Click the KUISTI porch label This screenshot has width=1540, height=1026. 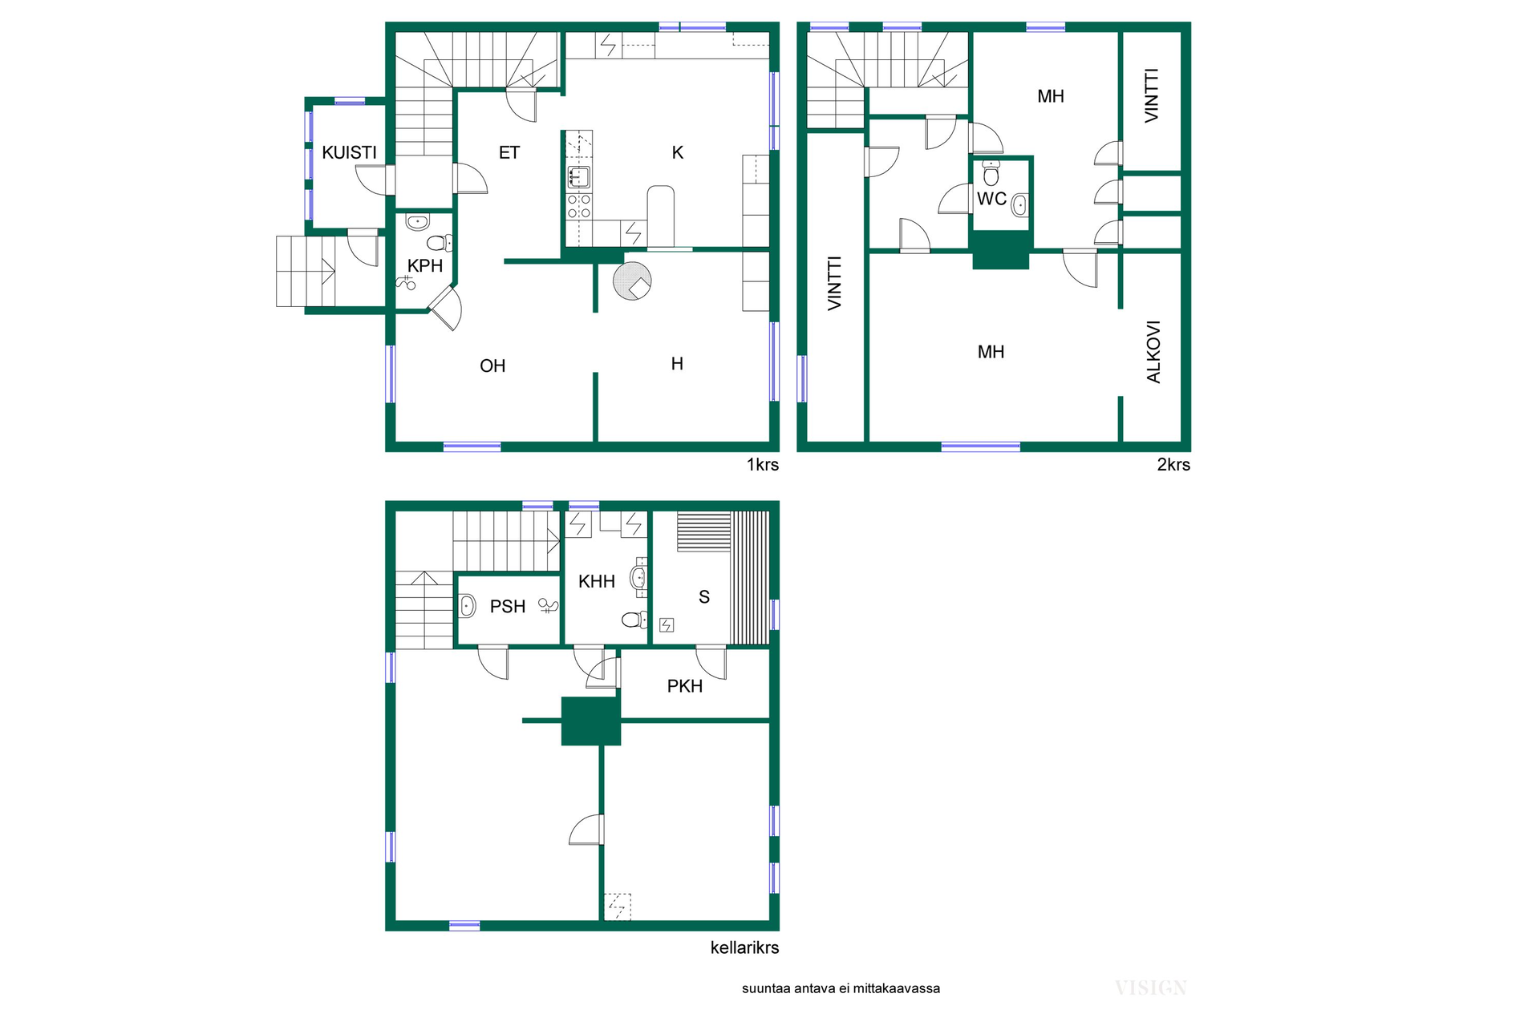tap(349, 152)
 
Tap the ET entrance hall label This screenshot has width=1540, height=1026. tap(509, 152)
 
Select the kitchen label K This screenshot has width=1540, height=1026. tap(678, 152)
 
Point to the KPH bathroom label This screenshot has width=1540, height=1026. tap(425, 266)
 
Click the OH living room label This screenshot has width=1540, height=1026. tap(492, 366)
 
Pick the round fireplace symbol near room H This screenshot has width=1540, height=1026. tap(632, 281)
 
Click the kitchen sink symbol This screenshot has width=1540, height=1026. tap(579, 177)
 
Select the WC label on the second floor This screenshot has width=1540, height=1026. tap(991, 199)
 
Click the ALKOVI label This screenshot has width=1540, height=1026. tap(1153, 352)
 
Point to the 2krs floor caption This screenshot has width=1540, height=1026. tap(1173, 465)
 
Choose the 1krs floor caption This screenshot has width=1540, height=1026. tap(763, 465)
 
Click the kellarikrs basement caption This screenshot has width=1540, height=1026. tap(745, 947)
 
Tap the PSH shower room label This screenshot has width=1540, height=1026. tap(508, 607)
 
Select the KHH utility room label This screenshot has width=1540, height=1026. tap(597, 582)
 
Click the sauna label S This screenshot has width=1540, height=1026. tap(704, 597)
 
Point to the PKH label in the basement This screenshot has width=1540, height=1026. tap(685, 686)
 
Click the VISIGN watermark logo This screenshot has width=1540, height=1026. tap(1151, 988)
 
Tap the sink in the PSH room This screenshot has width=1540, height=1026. tap(468, 605)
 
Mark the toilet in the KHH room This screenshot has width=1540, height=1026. tap(634, 620)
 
